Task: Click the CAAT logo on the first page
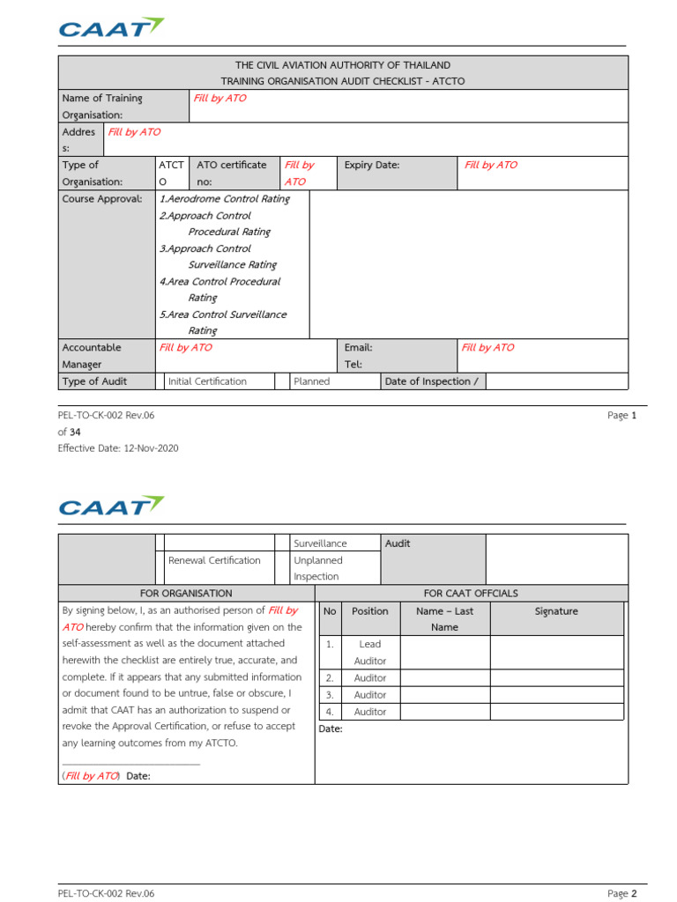pos(111,28)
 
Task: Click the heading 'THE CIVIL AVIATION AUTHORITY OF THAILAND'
pos(343,65)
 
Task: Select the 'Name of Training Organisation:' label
pos(102,107)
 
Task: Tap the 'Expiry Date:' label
pos(371,165)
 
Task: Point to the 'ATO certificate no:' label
pos(231,173)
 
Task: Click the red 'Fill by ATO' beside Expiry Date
pos(491,165)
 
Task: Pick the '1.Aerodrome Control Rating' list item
pos(225,199)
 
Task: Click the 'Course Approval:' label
pos(101,199)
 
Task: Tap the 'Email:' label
pos(358,348)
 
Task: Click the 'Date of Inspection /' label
pos(431,381)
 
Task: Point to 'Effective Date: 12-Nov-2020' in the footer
pos(118,448)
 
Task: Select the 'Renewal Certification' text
pos(214,560)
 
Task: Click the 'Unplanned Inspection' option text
pos(318,568)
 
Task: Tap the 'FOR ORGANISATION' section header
pos(186,594)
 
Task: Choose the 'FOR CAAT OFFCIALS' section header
pos(472,594)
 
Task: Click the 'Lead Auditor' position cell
pos(370,653)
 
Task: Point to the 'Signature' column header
pos(556,610)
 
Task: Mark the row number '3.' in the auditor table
pos(330,695)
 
